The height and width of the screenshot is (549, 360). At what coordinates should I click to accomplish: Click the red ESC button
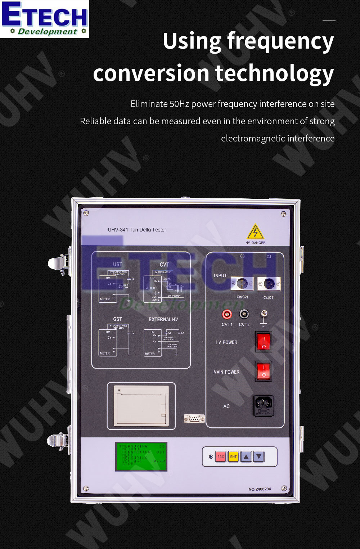pyautogui.click(x=221, y=456)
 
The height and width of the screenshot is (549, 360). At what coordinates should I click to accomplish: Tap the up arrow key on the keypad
pyautogui.click(x=246, y=456)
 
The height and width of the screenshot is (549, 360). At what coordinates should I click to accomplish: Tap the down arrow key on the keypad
pyautogui.click(x=259, y=456)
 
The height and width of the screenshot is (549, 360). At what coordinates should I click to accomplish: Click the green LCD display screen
pyautogui.click(x=141, y=456)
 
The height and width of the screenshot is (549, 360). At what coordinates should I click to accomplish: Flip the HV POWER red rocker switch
pyautogui.click(x=264, y=342)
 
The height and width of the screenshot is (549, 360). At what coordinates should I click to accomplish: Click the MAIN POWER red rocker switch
pyautogui.click(x=264, y=371)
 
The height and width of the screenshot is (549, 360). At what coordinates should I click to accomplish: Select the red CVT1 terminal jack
pyautogui.click(x=227, y=315)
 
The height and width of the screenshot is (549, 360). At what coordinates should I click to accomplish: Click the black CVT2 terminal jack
pyautogui.click(x=244, y=314)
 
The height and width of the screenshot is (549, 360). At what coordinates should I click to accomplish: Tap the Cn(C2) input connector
pyautogui.click(x=242, y=284)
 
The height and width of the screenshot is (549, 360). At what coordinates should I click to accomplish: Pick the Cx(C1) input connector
pyautogui.click(x=269, y=284)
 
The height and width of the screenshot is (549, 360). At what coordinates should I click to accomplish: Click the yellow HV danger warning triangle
pyautogui.click(x=255, y=232)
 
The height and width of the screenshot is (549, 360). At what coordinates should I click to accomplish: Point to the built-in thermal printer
pyautogui.click(x=141, y=406)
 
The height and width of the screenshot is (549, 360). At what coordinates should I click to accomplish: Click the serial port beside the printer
pyautogui.click(x=194, y=418)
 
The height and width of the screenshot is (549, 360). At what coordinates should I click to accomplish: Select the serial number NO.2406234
pyautogui.click(x=260, y=489)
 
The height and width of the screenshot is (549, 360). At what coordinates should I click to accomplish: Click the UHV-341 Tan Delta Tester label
pyautogui.click(x=137, y=230)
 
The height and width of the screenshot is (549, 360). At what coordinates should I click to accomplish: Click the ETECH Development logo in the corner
pyautogui.click(x=44, y=19)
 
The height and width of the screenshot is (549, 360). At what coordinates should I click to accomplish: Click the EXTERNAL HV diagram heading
pyautogui.click(x=163, y=319)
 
